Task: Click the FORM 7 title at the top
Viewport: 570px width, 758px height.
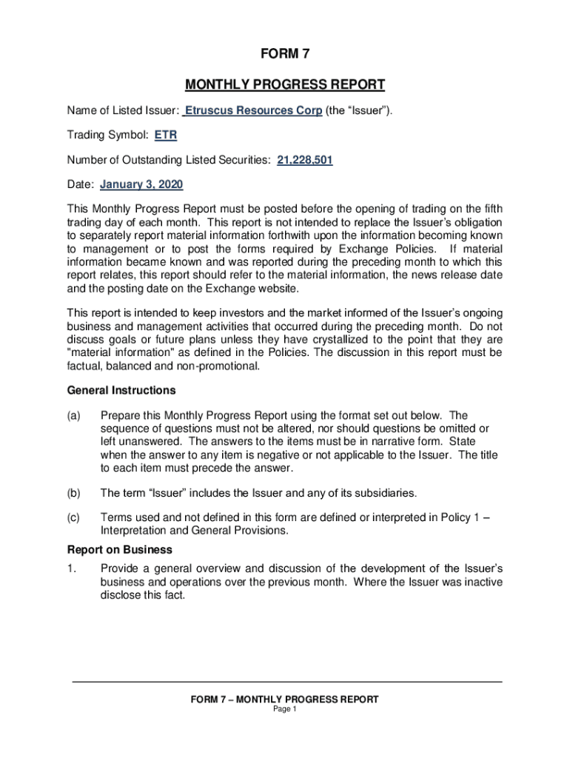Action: tap(285, 53)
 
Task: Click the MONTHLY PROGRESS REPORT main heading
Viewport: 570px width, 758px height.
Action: tap(285, 84)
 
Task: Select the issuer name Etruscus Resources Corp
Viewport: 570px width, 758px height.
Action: tap(252, 111)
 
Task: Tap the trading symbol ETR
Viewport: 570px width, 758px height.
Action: tap(165, 135)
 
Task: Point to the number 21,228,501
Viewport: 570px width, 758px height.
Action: tap(304, 160)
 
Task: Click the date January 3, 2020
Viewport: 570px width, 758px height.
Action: tap(141, 184)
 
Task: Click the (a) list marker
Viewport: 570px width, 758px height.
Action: tap(73, 416)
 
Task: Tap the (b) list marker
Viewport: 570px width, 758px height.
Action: tap(73, 493)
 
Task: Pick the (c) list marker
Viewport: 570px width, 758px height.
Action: tap(73, 518)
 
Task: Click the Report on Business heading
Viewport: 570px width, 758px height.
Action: tap(120, 550)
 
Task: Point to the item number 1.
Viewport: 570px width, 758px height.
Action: tap(71, 568)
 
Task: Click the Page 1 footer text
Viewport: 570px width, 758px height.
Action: tap(285, 709)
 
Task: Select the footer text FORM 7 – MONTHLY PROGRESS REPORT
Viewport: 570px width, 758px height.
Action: tap(285, 700)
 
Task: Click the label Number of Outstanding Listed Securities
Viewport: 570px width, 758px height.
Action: tap(169, 160)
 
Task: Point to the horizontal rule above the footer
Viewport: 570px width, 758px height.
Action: tap(287, 682)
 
